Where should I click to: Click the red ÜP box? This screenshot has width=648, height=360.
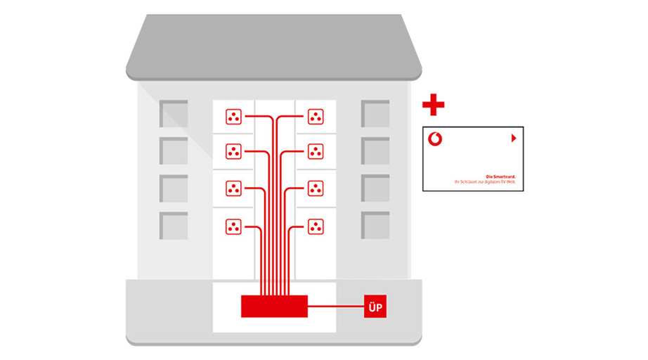(x=375, y=307)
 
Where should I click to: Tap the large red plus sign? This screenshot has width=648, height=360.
(x=433, y=105)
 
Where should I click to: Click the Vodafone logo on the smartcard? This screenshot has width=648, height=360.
(x=436, y=139)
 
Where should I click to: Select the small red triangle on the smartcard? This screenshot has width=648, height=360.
(x=514, y=139)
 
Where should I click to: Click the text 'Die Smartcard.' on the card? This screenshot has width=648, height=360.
(x=500, y=176)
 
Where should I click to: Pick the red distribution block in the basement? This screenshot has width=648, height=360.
(x=274, y=307)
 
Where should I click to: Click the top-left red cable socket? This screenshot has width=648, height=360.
(x=233, y=117)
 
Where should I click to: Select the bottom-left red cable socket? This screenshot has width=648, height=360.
(x=233, y=226)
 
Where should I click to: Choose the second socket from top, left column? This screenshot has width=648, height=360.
(x=233, y=151)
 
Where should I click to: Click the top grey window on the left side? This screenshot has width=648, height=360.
(x=174, y=114)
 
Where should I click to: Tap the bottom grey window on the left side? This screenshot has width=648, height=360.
(x=174, y=225)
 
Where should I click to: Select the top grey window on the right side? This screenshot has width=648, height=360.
(x=375, y=114)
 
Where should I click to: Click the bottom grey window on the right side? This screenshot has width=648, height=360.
(x=375, y=225)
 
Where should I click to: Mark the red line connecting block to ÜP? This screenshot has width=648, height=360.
(x=335, y=307)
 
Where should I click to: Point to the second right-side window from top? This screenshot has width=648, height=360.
(x=375, y=150)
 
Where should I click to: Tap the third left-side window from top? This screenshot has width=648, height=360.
(x=174, y=188)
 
